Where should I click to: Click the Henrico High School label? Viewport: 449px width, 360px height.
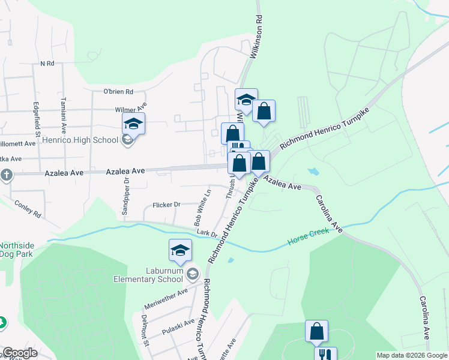80,140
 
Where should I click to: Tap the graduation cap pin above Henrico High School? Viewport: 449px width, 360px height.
133,124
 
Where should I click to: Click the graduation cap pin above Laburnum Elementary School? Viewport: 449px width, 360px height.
180,250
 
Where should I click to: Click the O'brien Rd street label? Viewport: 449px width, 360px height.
118,92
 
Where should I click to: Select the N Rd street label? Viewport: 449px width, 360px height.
47,63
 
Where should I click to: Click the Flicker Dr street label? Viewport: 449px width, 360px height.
166,205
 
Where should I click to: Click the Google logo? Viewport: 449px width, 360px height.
19,353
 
